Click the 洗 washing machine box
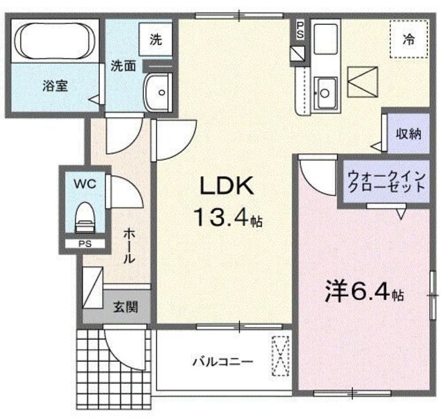tap(156, 39)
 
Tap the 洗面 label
tap(124, 68)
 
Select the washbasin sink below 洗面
tap(160, 90)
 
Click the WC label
tap(84, 185)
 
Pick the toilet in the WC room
tap(84, 216)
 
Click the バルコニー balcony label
tap(222, 361)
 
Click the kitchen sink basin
tap(325, 90)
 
